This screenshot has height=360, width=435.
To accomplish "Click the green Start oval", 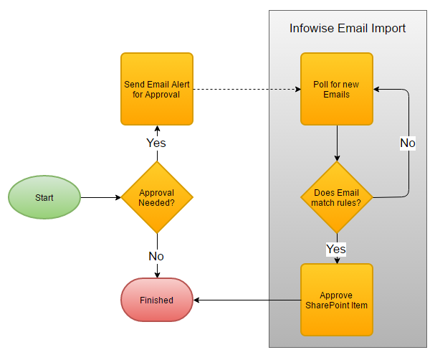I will [44, 196].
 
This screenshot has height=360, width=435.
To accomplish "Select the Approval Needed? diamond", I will [156, 197].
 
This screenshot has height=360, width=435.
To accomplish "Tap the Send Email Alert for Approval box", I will [156, 89].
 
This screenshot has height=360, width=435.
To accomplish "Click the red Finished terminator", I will [156, 300].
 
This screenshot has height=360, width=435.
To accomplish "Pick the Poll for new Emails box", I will [336, 89].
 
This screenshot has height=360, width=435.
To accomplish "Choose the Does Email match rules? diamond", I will [336, 197].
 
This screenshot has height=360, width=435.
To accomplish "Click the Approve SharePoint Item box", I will [336, 300].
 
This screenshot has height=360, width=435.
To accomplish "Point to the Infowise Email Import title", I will [348, 29].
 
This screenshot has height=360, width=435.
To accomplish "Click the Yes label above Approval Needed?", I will [156, 143].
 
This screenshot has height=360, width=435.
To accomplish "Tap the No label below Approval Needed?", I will [156, 256].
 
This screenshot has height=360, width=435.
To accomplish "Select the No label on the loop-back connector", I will [408, 143].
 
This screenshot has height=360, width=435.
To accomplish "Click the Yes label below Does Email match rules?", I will [336, 249].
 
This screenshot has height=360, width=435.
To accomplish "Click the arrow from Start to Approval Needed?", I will [100, 196].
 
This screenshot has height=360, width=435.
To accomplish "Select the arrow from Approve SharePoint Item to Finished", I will [247, 300].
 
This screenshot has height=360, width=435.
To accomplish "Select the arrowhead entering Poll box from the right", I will [377, 89].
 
